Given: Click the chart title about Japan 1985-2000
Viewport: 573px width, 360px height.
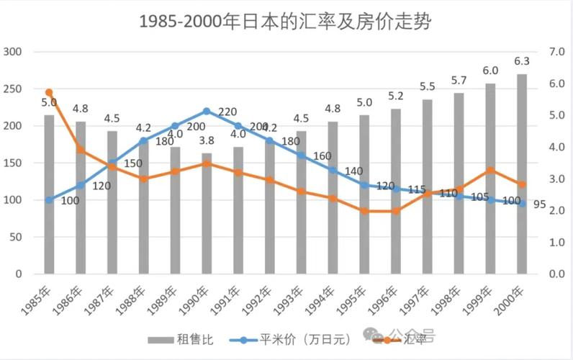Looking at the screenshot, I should (x=286, y=21).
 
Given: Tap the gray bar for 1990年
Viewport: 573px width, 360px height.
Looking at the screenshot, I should (x=207, y=216).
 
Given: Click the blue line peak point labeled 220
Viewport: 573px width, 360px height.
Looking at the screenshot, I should (x=207, y=111).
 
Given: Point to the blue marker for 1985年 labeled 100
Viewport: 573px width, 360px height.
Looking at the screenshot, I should (x=49, y=199).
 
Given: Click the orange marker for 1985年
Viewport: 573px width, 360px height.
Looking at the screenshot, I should (x=49, y=92).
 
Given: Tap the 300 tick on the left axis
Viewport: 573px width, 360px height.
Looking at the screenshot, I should (x=14, y=52).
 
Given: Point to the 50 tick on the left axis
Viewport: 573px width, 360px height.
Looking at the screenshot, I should (x=17, y=237).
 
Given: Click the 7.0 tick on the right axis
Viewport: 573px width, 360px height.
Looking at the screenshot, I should (x=557, y=52).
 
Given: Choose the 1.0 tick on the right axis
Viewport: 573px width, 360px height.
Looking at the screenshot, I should (x=557, y=243).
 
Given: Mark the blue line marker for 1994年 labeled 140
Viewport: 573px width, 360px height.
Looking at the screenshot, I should (x=333, y=170).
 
